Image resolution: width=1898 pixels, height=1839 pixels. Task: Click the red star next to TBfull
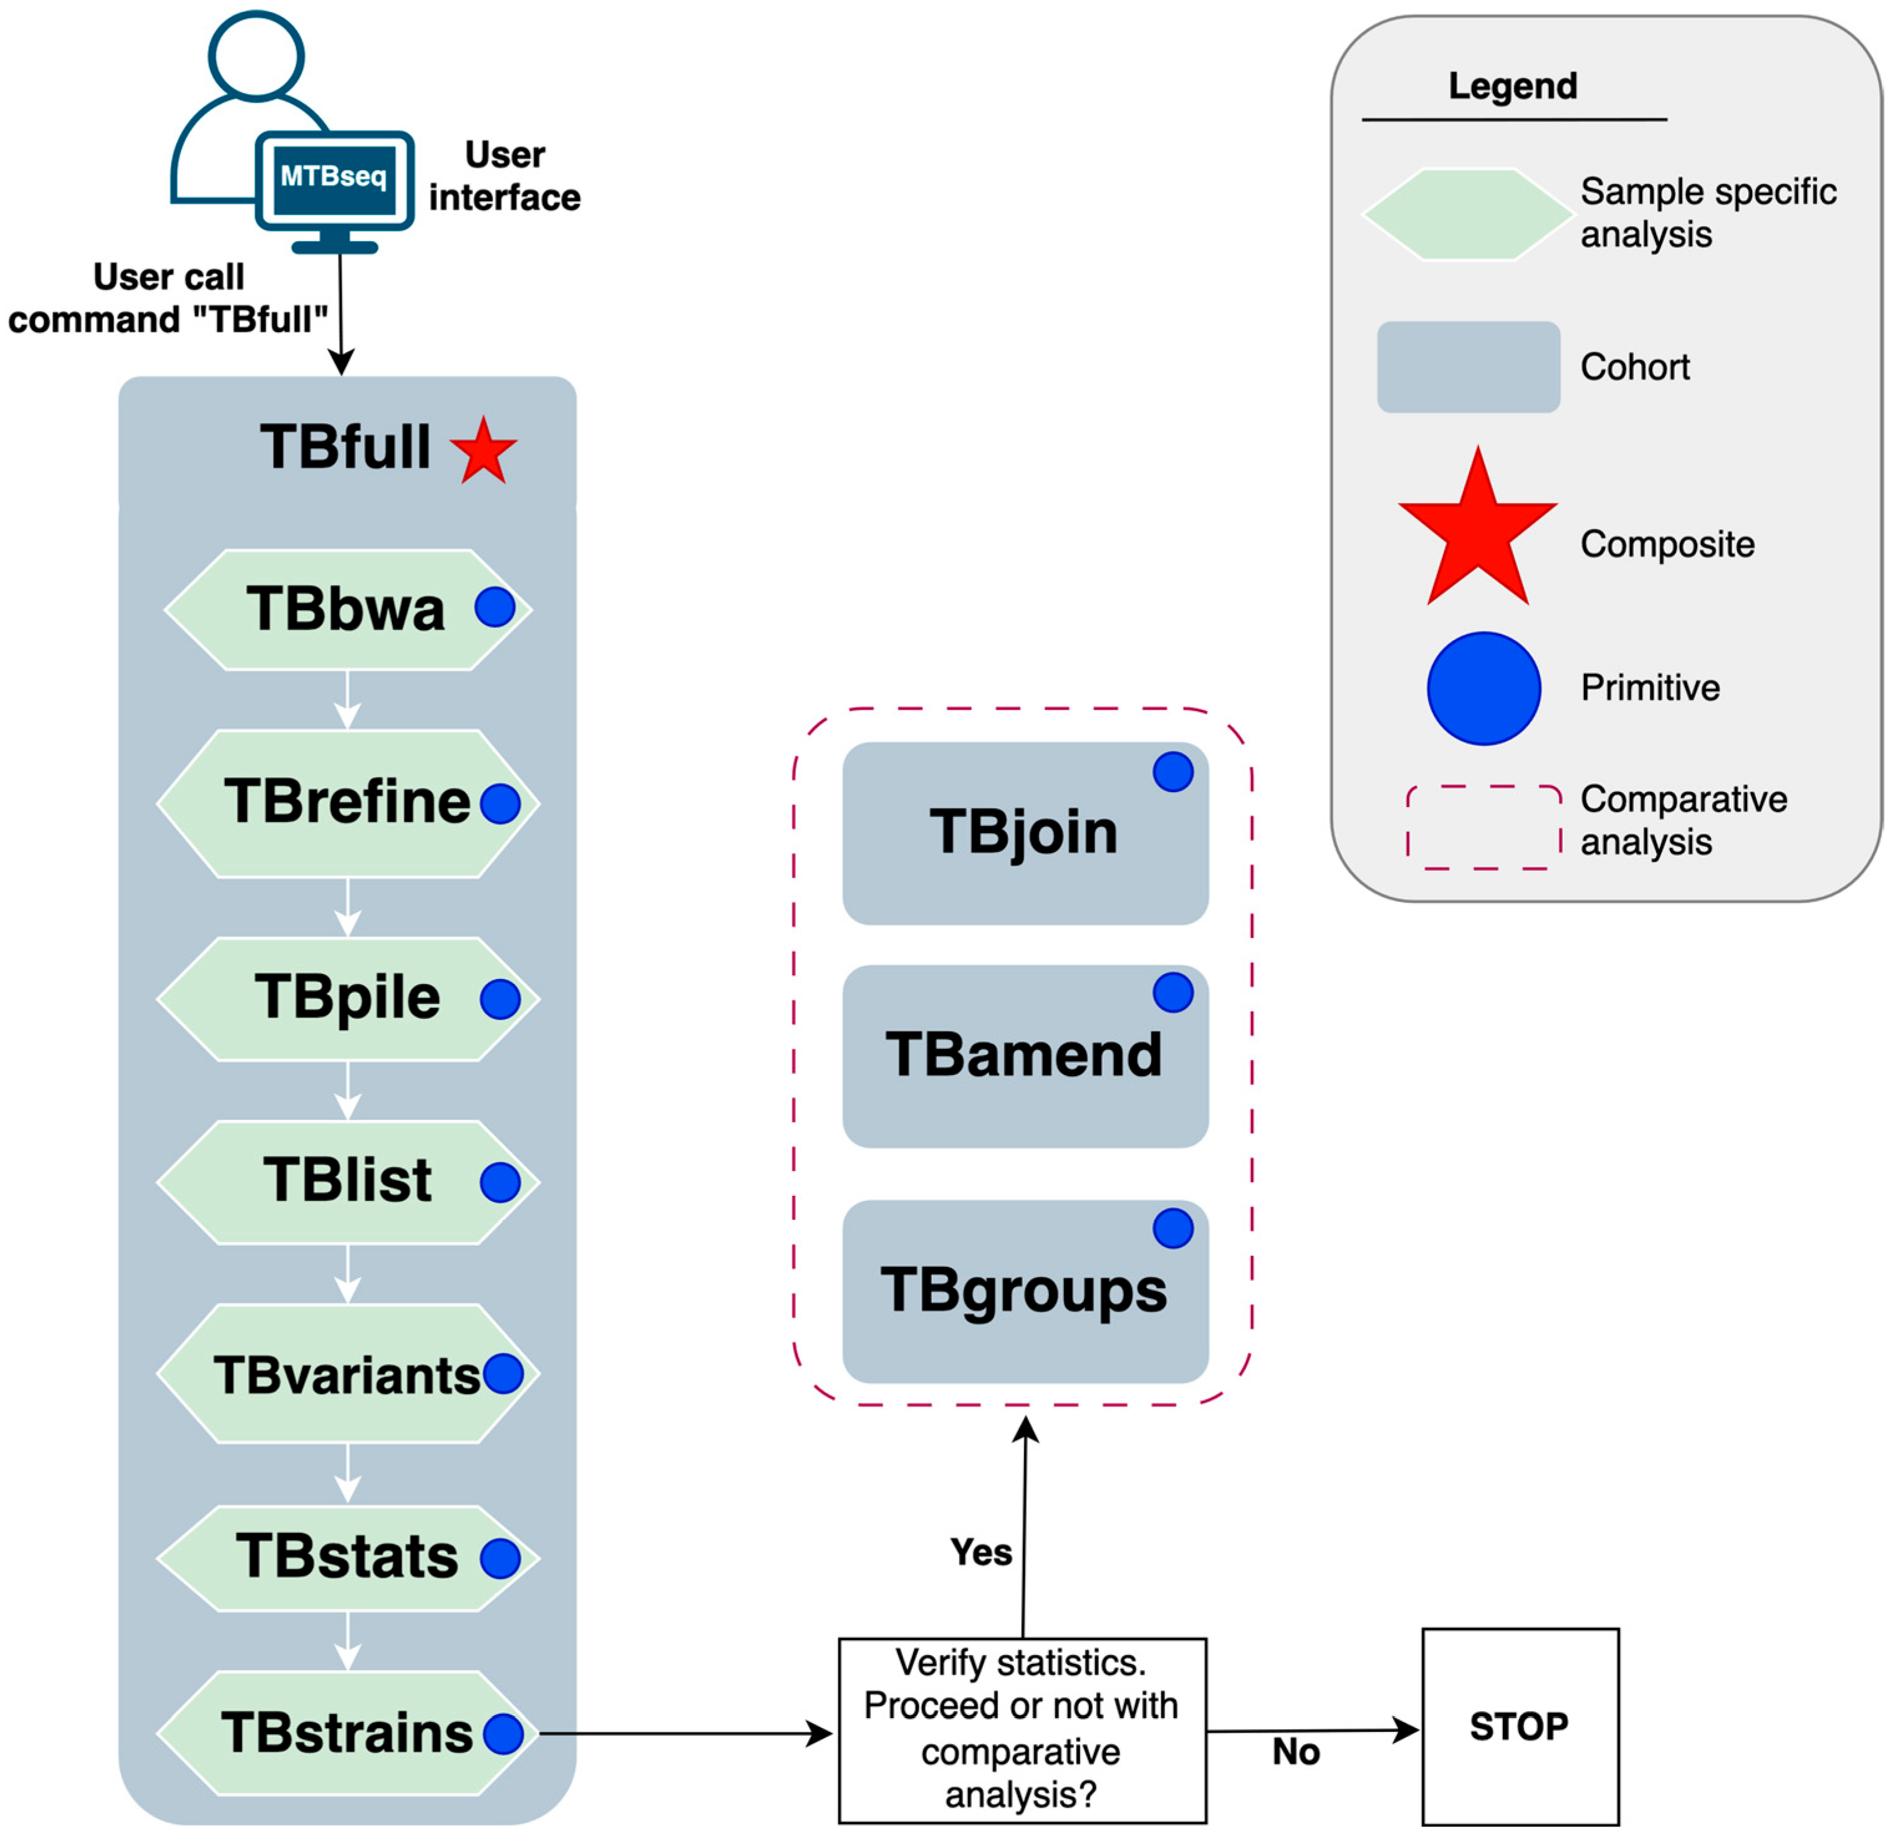click(x=483, y=451)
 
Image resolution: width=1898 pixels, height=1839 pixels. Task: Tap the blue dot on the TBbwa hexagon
click(x=495, y=608)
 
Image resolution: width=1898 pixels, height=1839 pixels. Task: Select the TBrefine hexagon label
click(x=347, y=802)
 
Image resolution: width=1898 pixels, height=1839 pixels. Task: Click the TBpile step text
click(x=347, y=998)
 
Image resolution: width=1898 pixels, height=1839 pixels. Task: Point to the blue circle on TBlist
click(x=501, y=1182)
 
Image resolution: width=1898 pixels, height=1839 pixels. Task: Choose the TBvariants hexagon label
click(x=347, y=1375)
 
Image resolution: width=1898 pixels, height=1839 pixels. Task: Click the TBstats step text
click(x=347, y=1557)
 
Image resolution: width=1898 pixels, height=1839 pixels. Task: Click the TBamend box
click(x=1025, y=1056)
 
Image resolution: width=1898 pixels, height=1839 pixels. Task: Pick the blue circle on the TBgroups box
click(x=1172, y=1228)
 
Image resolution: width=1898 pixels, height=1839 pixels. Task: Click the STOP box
click(x=1520, y=1727)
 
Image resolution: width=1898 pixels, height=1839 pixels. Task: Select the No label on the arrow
click(x=1296, y=1751)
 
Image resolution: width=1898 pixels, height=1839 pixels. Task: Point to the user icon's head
click(x=257, y=55)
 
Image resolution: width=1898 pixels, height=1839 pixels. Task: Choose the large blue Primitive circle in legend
click(x=1483, y=689)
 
